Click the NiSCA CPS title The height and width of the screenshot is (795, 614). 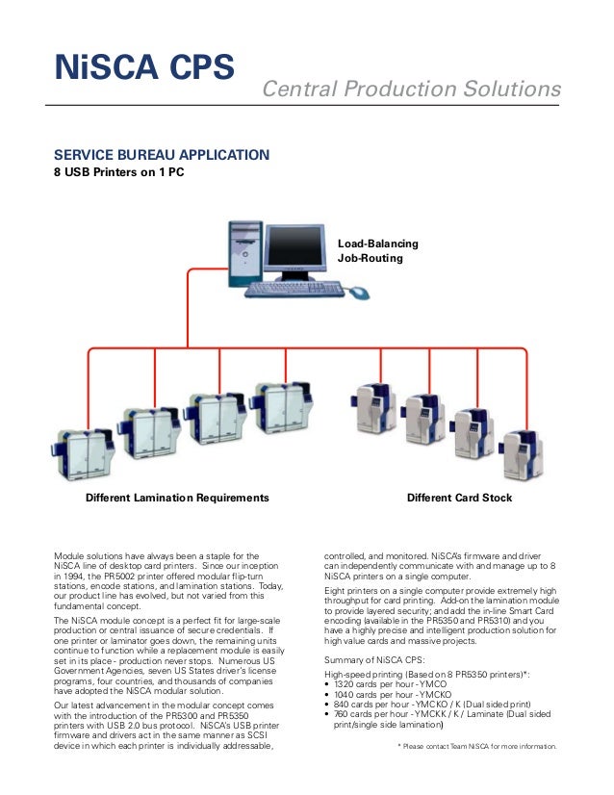(144, 68)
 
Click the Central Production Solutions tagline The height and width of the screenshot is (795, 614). (412, 90)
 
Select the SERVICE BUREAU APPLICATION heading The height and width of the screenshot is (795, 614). (162, 154)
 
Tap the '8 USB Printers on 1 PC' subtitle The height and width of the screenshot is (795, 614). (118, 173)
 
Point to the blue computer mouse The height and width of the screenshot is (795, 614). (358, 292)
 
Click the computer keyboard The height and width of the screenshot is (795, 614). (294, 288)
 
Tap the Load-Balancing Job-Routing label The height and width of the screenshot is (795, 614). (371, 251)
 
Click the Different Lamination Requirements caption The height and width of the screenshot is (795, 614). (177, 498)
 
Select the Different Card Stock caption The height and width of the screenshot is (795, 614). (459, 498)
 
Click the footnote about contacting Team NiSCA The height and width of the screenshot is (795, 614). (477, 746)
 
